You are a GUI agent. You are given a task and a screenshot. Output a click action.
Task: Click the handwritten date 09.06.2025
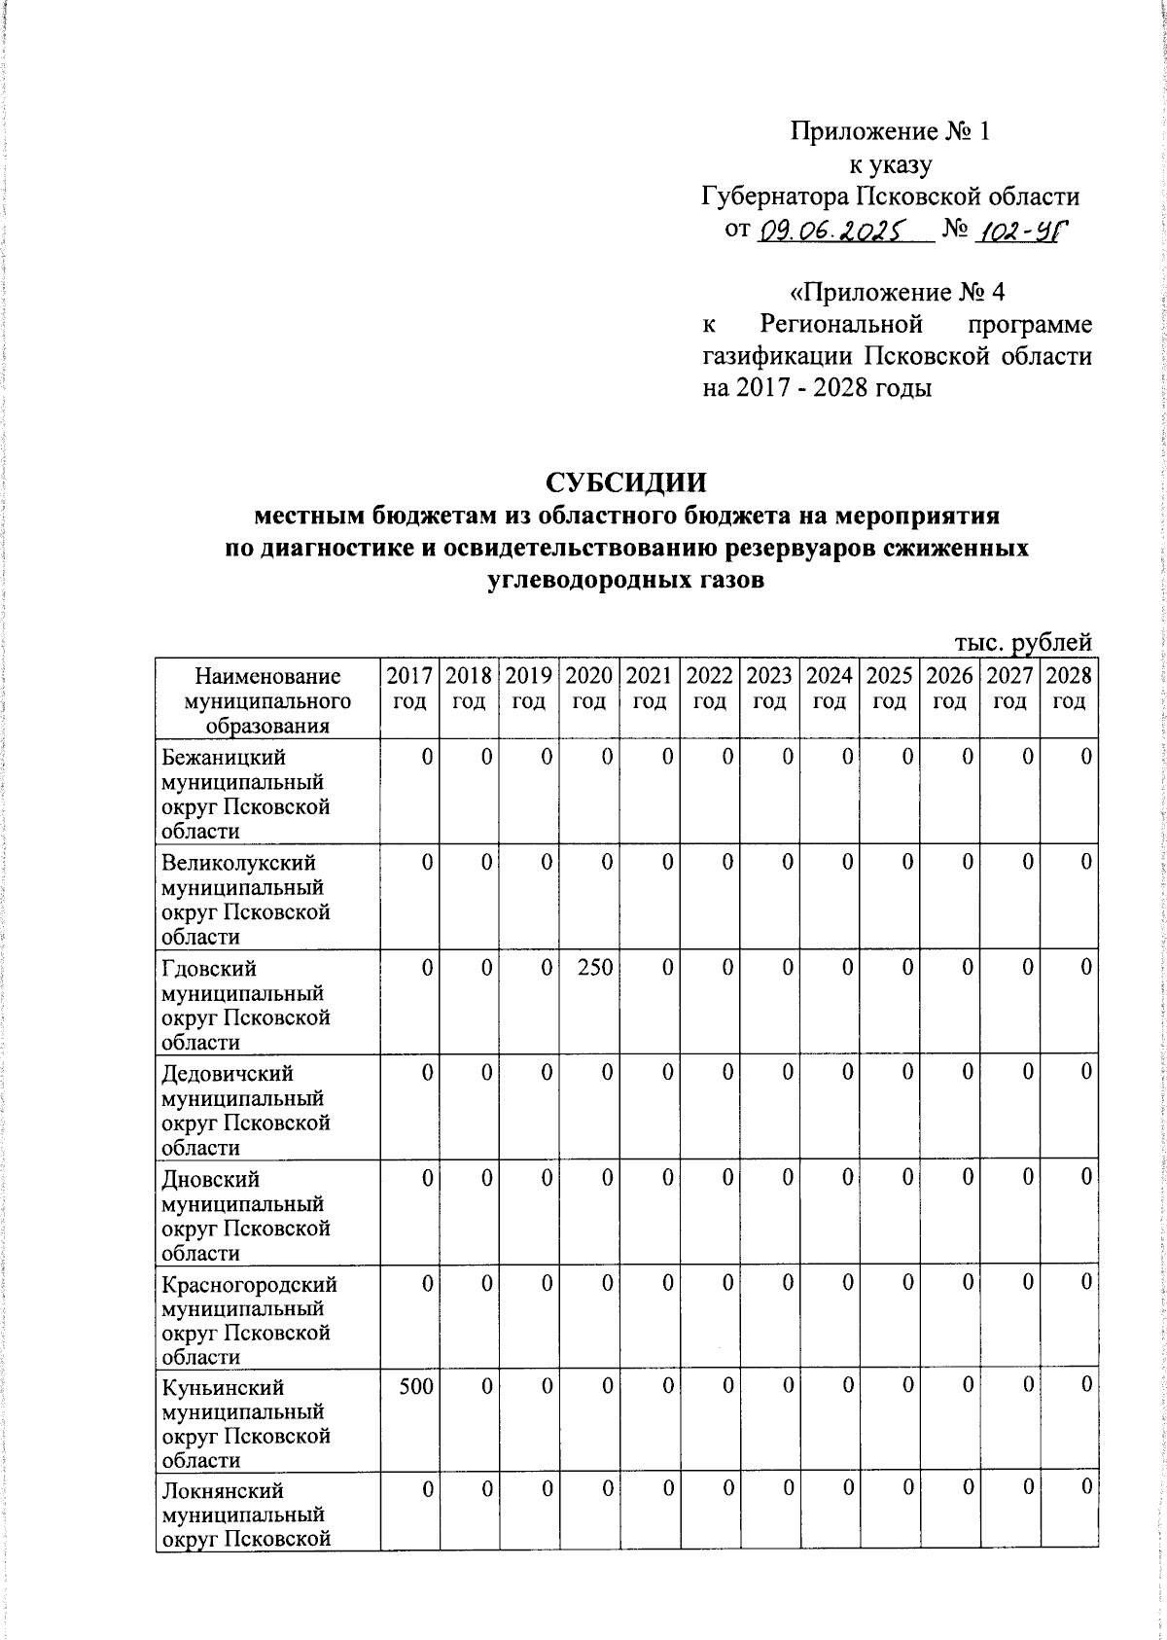click(829, 232)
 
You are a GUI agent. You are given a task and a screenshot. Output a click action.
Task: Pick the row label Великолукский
click(238, 863)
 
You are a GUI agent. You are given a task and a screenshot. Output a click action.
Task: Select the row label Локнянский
click(223, 1490)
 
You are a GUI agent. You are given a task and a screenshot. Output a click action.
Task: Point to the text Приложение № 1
click(890, 131)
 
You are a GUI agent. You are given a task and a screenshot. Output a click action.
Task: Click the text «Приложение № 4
click(895, 293)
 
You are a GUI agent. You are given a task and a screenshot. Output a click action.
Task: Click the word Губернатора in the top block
click(774, 197)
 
